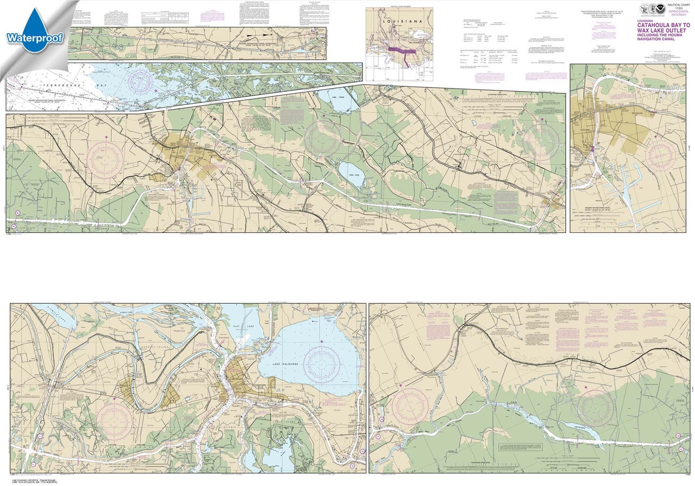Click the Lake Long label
355,174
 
